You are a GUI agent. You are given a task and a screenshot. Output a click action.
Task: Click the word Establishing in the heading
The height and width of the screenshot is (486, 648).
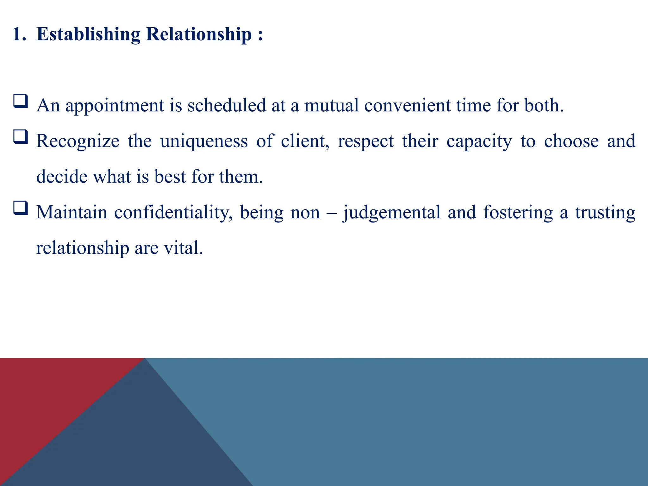[x=88, y=34]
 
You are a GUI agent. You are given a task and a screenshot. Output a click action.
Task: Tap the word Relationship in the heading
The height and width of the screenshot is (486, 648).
[x=199, y=34]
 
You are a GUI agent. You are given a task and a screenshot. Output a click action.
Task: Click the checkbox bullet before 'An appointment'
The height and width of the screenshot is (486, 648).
[x=21, y=102]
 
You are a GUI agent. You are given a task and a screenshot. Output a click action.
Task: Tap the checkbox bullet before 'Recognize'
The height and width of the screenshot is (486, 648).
[x=21, y=137]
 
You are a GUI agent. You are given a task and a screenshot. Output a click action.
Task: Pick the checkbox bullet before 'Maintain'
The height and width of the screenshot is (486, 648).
[x=21, y=208]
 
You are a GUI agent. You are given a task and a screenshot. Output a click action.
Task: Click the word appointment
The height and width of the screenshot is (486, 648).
[x=115, y=106]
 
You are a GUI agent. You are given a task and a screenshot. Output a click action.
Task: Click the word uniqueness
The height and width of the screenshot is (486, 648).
[x=204, y=141]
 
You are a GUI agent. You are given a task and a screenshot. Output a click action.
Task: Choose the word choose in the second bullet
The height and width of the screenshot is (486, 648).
[x=571, y=141]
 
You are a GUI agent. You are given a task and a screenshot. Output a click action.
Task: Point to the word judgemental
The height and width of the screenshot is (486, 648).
[x=392, y=213]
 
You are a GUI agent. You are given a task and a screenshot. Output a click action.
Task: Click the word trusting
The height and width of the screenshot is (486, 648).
[x=605, y=213]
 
